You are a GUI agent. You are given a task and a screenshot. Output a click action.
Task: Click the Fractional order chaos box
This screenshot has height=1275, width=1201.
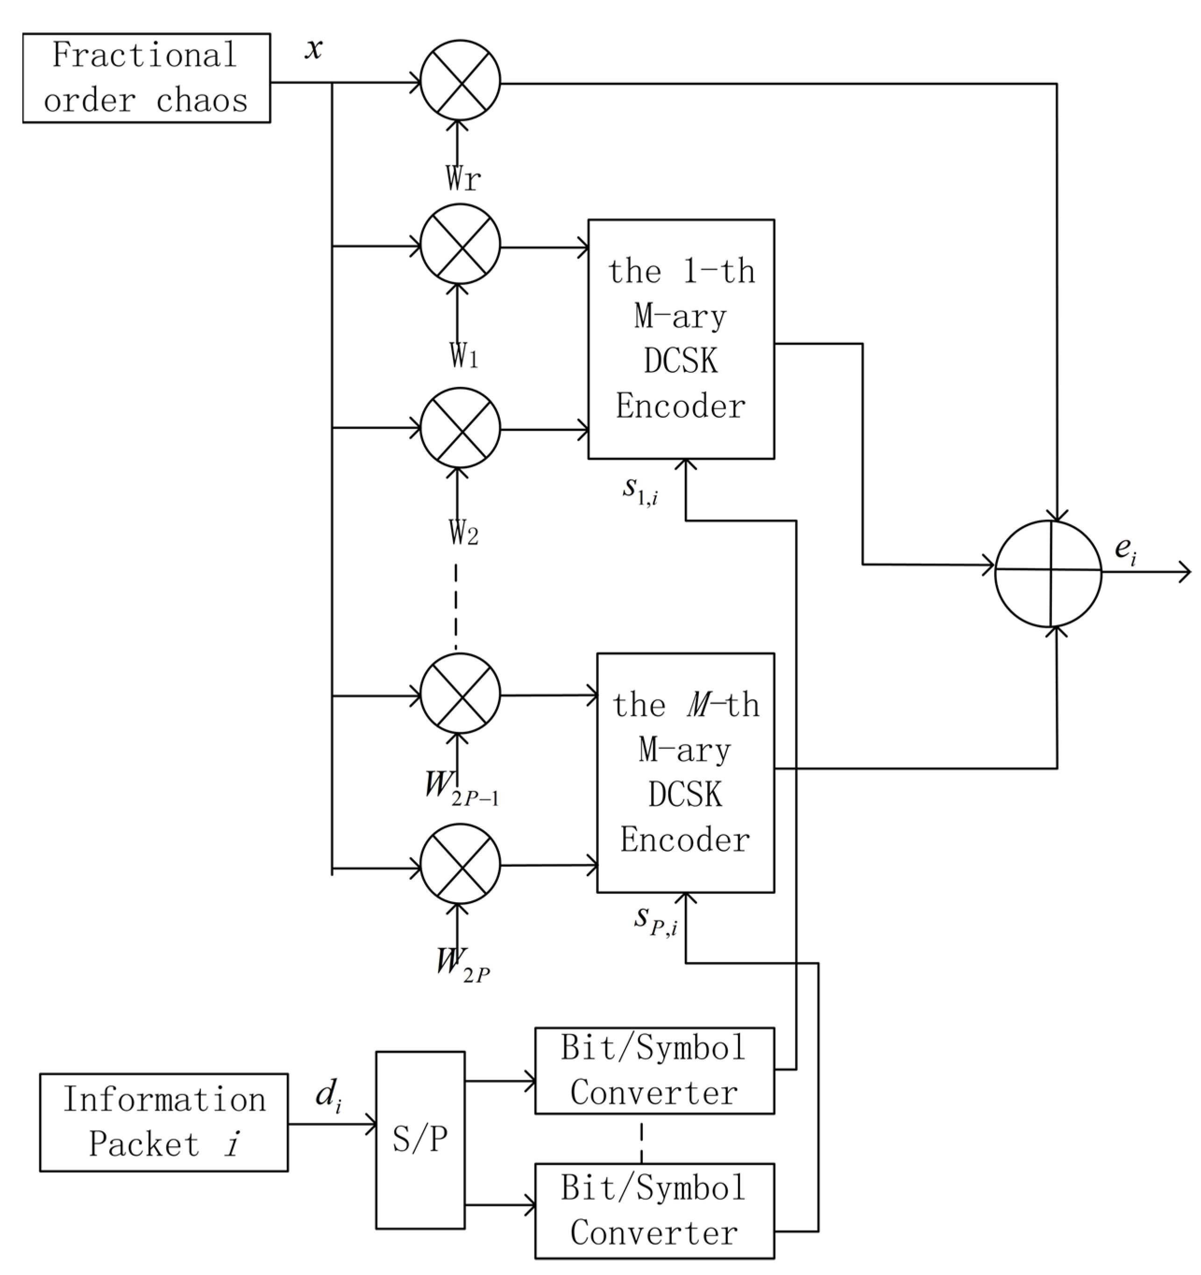tap(146, 78)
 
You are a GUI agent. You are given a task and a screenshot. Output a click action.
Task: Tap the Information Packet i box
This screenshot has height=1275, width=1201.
tap(163, 1122)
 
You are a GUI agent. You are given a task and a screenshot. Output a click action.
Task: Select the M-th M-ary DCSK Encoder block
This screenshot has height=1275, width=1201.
tap(685, 772)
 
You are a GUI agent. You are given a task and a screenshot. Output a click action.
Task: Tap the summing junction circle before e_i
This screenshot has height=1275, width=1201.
tap(1048, 573)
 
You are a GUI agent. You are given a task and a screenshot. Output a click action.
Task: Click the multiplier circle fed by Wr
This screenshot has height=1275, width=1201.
tap(460, 80)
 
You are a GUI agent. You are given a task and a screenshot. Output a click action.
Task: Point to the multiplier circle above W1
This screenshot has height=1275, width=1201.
tap(460, 244)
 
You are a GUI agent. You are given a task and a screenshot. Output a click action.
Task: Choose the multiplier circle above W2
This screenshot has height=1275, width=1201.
tap(460, 427)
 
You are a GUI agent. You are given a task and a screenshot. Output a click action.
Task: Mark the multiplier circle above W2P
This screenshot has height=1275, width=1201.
tap(460, 864)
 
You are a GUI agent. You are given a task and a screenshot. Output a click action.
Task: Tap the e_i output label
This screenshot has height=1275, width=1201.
tap(1125, 550)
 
